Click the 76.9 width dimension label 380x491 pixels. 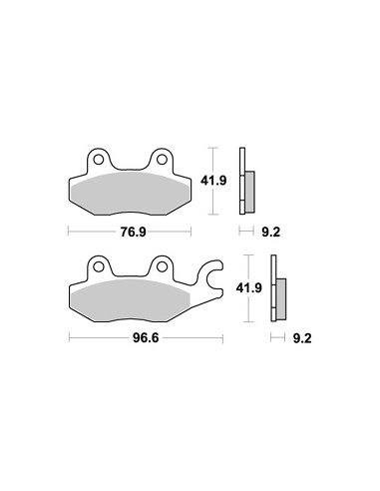pos(133,232)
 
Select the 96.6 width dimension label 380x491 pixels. pos(146,338)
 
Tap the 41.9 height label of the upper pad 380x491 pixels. pos(213,181)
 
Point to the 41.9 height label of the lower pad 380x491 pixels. pos(249,287)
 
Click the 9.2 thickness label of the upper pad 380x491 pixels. pos(271,232)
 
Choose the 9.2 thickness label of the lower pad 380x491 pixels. pos(302,338)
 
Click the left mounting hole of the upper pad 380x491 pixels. pos(98,160)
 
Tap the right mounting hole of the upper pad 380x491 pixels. pos(162,160)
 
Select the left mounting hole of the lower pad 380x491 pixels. pos(98,266)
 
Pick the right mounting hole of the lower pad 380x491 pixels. pos(162,266)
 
